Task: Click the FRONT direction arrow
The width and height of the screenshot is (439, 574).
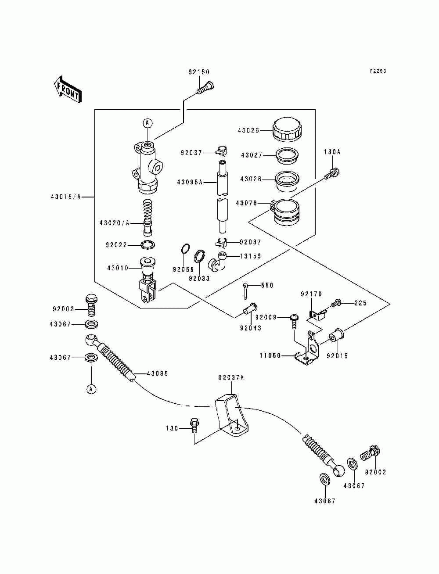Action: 68,89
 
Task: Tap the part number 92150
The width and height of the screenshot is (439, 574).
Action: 199,72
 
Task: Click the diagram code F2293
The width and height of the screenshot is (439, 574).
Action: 378,71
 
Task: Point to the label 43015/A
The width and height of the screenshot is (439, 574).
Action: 66,197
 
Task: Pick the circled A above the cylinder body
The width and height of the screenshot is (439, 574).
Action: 148,122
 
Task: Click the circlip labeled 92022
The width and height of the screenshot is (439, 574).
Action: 148,245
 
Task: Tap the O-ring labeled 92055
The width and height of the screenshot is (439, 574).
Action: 185,248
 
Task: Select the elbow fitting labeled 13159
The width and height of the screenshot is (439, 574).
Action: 217,262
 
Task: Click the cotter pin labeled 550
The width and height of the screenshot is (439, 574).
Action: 246,290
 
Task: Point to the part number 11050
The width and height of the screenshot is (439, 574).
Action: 270,355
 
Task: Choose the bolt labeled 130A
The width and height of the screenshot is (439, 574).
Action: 332,174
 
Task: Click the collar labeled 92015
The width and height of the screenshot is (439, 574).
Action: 335,336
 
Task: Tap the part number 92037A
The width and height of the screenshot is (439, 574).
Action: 231,377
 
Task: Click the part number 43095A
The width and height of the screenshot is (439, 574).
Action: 190,182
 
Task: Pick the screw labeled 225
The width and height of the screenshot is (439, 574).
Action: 337,303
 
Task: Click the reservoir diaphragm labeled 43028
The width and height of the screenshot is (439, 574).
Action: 287,182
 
